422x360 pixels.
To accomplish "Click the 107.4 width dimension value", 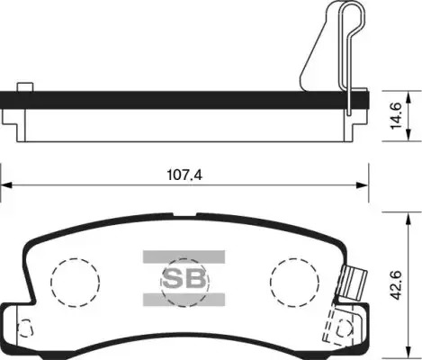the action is click(184, 175).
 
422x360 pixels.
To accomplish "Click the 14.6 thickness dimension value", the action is click(396, 116).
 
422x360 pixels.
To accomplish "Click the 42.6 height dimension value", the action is click(396, 284).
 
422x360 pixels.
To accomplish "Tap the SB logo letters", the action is click(184, 279).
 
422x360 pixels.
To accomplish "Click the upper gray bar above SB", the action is click(184, 256).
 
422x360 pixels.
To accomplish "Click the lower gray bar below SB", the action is click(184, 300).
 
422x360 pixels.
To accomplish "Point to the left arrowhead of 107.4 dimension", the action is click(6, 185).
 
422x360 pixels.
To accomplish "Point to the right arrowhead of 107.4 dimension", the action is click(363, 185).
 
